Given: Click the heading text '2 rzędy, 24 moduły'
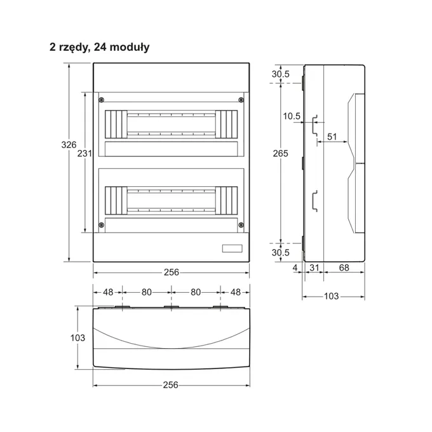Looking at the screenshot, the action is tap(100, 47).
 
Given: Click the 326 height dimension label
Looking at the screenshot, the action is tap(69, 145).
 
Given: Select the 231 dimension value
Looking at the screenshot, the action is tap(84, 153).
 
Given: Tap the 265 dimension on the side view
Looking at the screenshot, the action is tap(280, 154).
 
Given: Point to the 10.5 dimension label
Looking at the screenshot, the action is tap(292, 116).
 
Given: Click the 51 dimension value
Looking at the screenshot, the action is tap(332, 137).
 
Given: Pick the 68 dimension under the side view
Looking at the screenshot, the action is tap(344, 267).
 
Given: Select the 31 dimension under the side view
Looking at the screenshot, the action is tap(314, 267).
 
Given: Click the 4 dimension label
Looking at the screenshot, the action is tap(295, 267).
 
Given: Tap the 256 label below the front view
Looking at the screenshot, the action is tap(172, 272).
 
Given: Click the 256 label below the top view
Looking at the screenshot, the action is tap(170, 385).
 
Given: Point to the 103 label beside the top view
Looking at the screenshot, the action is tap(78, 338).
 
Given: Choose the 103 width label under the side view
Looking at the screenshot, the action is tap(331, 296).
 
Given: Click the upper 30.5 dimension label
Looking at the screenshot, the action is tap(280, 74).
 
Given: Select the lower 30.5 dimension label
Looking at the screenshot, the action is tap(280, 252).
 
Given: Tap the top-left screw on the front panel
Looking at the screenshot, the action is tap(102, 100).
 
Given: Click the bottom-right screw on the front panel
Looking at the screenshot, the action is tap(241, 225).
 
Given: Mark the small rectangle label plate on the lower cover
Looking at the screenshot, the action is tap(233, 248).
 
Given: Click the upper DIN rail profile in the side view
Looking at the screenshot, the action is tap(315, 126).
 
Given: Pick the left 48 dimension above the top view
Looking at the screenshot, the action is tap(108, 292).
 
